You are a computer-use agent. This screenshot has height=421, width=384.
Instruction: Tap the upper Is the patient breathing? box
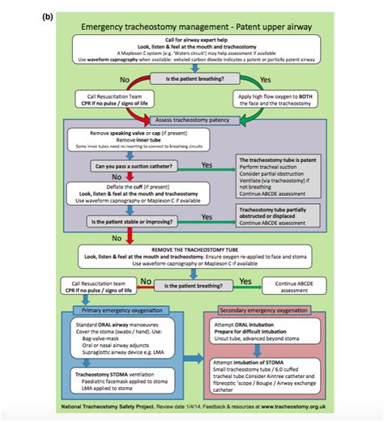[x=192, y=80]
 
